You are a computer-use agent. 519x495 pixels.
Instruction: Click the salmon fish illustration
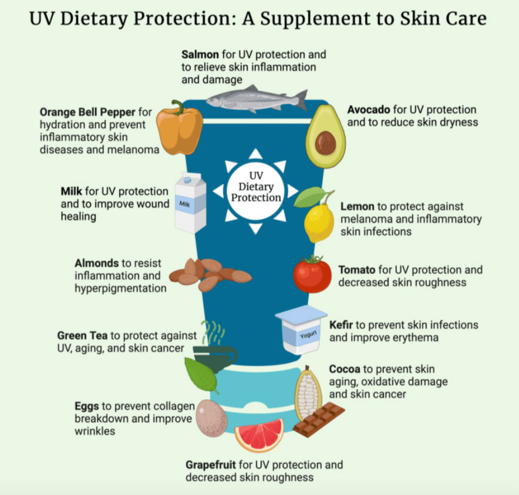(x=255, y=99)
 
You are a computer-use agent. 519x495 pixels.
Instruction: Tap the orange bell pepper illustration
(x=179, y=129)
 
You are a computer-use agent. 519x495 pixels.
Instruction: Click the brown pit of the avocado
(x=325, y=143)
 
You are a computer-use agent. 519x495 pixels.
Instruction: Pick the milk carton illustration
(x=191, y=203)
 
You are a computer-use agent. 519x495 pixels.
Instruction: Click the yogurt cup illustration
(x=301, y=329)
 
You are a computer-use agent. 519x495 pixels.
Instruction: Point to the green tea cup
(x=215, y=356)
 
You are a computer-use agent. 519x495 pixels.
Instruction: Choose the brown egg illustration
(x=211, y=417)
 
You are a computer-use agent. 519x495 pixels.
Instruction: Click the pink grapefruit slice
(x=259, y=435)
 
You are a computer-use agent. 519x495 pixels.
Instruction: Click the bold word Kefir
(x=341, y=325)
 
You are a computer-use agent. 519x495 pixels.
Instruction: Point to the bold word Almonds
(x=97, y=263)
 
